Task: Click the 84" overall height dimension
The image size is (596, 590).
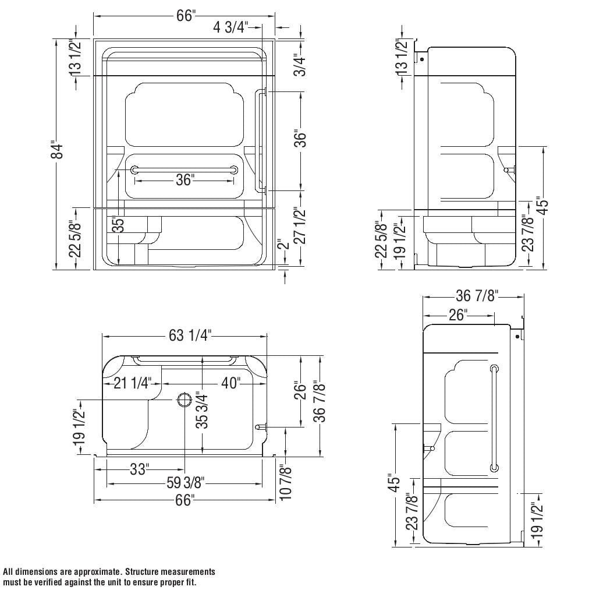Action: pos(57,151)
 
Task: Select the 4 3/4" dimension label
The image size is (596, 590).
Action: pos(231,27)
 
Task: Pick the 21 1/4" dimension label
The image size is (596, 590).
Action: pos(132,383)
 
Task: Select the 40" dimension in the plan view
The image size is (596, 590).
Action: pos(230,383)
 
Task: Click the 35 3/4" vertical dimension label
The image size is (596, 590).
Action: pos(201,411)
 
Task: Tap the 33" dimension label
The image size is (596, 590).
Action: pos(139,469)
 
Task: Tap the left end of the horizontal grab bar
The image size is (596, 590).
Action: pos(135,169)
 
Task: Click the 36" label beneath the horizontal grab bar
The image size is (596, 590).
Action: pos(185,181)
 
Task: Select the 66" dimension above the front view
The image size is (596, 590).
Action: pos(185,16)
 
